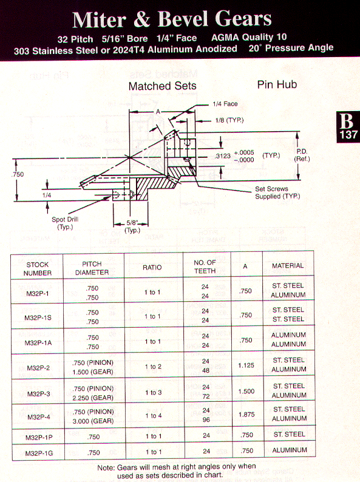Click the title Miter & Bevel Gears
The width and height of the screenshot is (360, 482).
(x=172, y=19)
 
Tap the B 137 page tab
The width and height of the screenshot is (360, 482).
(x=348, y=127)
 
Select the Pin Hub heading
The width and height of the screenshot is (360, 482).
(x=277, y=84)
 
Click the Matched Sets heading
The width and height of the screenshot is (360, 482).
(x=162, y=86)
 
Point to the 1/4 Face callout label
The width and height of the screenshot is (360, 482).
(x=225, y=104)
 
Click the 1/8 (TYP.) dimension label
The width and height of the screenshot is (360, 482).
(x=229, y=120)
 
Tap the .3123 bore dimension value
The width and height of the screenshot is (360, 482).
(x=223, y=156)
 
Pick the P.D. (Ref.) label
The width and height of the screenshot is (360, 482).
(x=302, y=155)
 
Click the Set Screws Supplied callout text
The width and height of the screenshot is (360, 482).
(x=277, y=192)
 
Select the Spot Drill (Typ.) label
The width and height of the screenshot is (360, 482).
(x=65, y=223)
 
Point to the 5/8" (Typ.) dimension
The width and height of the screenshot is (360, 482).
(x=132, y=226)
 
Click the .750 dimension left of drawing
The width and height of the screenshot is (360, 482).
(x=18, y=174)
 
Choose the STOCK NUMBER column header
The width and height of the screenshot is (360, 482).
(x=38, y=269)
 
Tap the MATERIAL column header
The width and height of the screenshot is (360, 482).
(x=288, y=266)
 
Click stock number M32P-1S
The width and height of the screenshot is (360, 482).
(x=38, y=317)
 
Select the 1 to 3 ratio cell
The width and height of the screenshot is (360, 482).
(x=154, y=393)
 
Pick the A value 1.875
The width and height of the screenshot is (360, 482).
(x=246, y=415)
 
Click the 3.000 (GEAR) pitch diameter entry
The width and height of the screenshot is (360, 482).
(x=93, y=421)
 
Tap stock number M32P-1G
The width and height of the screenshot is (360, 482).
(x=39, y=453)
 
